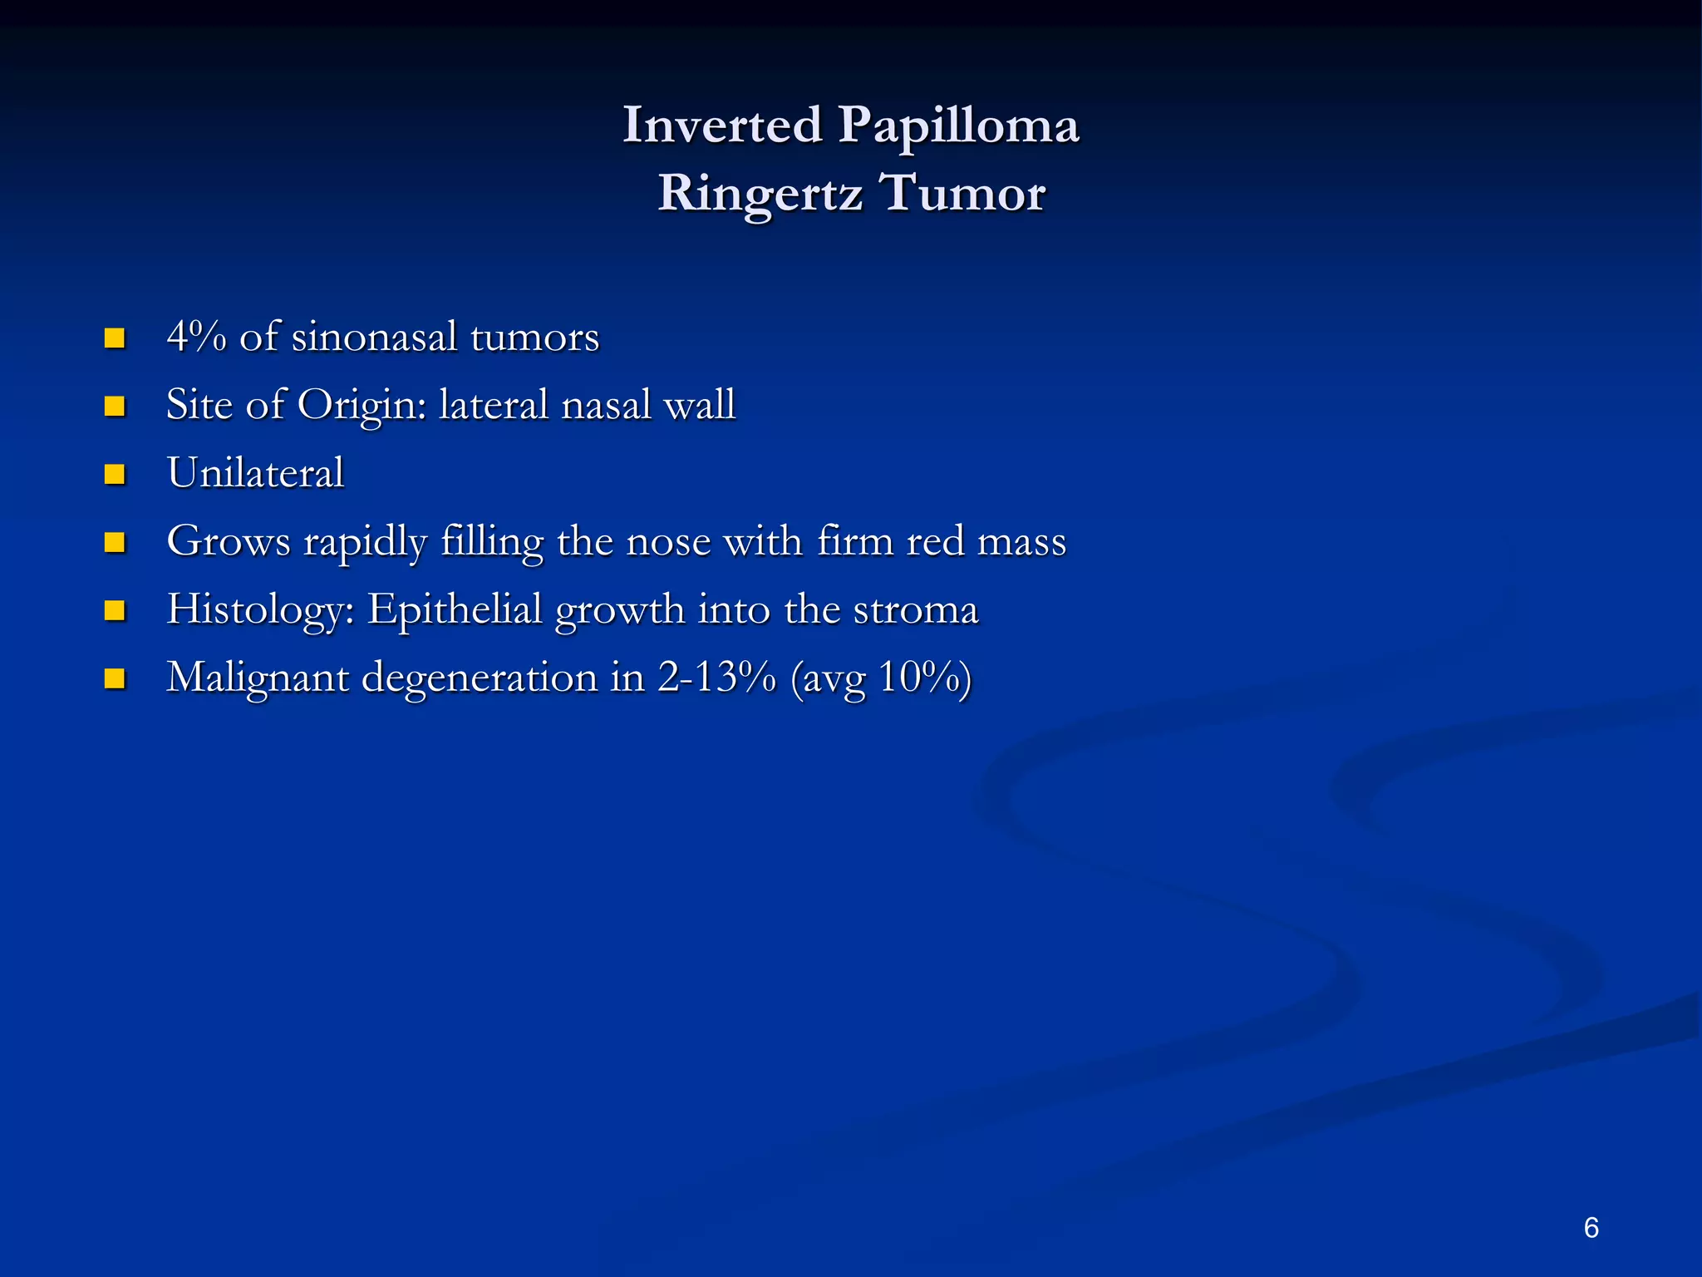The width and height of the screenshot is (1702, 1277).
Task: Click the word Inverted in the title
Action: pyautogui.click(x=722, y=126)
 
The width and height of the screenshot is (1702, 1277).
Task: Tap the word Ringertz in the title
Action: pyautogui.click(x=760, y=195)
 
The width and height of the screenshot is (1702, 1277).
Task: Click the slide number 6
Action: pyautogui.click(x=1591, y=1227)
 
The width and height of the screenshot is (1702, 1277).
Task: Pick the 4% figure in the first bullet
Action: pyautogui.click(x=196, y=337)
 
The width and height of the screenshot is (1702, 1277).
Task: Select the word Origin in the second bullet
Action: pyautogui.click(x=362, y=406)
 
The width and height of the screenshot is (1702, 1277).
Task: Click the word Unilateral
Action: pyautogui.click(x=255, y=473)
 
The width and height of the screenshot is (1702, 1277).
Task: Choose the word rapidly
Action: pyautogui.click(x=365, y=542)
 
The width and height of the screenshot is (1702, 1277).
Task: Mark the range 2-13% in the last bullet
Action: pyautogui.click(x=716, y=677)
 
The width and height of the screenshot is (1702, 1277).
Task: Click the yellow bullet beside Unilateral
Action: pyautogui.click(x=115, y=475)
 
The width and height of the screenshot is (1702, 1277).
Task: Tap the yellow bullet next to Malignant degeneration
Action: pyautogui.click(x=115, y=679)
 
